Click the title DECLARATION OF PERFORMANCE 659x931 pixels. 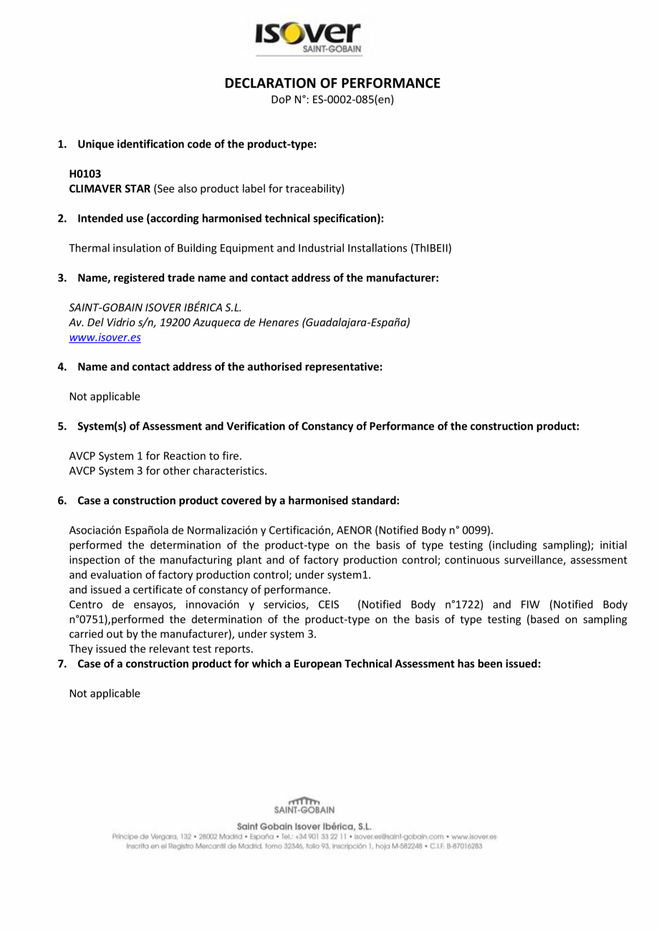(x=332, y=83)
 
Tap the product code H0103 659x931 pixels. (x=85, y=174)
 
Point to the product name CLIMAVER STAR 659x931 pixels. (x=110, y=189)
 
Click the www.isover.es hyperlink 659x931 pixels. (x=105, y=337)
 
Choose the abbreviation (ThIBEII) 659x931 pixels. (x=430, y=249)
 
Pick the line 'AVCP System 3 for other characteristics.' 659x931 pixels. (x=168, y=471)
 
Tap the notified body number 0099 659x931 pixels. (x=475, y=531)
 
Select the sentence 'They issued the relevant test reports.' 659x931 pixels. (x=161, y=650)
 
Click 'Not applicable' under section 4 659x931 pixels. (x=105, y=397)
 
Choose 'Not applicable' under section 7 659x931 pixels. (x=105, y=693)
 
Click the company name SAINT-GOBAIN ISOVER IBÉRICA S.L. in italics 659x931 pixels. (x=155, y=307)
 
